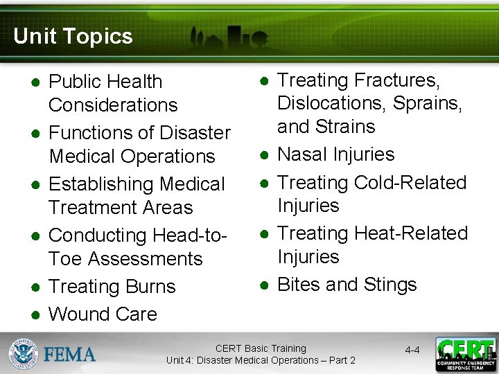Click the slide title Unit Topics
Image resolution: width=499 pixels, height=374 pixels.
click(x=73, y=36)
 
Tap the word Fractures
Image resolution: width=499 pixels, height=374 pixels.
click(x=396, y=81)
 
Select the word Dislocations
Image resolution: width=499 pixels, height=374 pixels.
click(x=332, y=104)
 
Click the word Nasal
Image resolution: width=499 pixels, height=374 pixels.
click(x=302, y=154)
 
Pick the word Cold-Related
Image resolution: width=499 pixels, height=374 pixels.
click(x=410, y=183)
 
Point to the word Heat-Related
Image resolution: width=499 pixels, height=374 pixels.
click(x=411, y=233)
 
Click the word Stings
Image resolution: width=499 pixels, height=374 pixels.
click(x=386, y=285)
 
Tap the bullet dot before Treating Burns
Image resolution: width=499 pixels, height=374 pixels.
click(x=35, y=287)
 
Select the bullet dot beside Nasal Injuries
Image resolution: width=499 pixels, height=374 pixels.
click(x=264, y=154)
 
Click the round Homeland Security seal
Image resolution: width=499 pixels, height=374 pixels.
click(x=24, y=354)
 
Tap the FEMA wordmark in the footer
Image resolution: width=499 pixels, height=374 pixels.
click(x=70, y=355)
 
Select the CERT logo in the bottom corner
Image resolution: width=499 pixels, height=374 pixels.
click(x=465, y=354)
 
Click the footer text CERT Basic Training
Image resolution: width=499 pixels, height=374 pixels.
click(x=261, y=348)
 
